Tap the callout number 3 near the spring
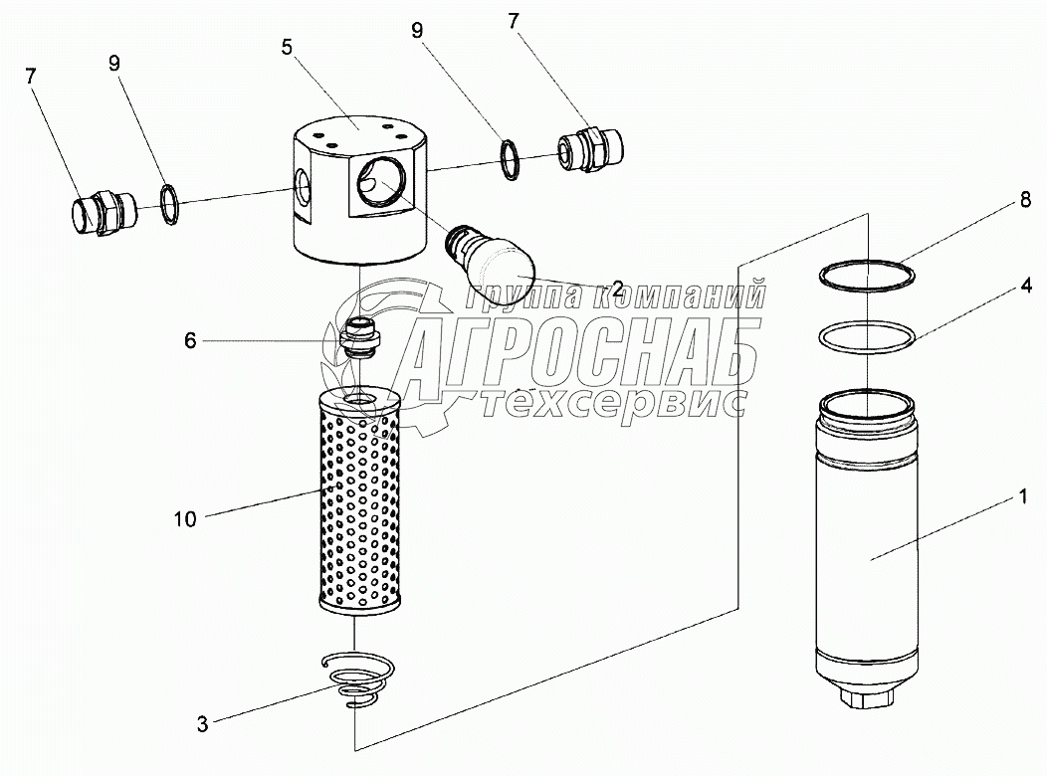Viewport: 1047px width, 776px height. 202,725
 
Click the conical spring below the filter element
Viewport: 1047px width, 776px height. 360,679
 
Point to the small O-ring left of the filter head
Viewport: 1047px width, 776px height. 170,203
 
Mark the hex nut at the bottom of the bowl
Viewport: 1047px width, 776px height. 869,700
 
